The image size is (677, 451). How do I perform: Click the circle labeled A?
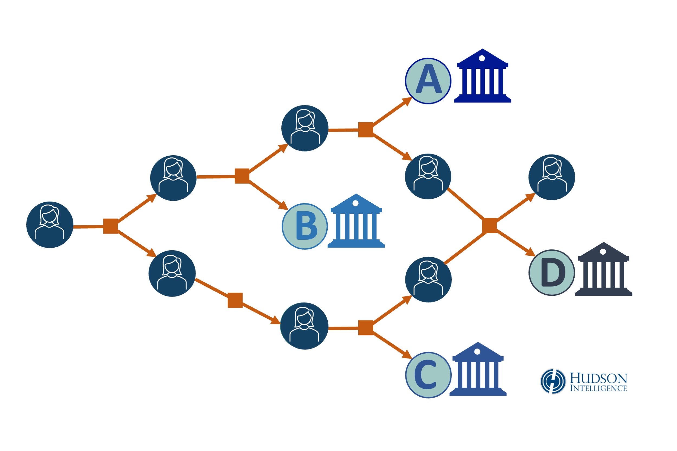coord(428,81)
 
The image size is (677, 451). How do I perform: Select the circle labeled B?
coord(305,226)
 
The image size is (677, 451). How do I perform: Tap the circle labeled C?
coord(428,375)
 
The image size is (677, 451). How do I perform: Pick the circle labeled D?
coord(552,273)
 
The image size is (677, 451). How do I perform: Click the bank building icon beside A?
coord(482,76)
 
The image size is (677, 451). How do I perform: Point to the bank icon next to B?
coord(356,221)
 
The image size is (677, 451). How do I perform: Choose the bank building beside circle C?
coord(478,370)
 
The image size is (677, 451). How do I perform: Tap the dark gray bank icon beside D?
coord(603,269)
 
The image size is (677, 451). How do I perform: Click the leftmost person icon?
coord(50,225)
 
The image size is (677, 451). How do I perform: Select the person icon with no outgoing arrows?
coord(552,177)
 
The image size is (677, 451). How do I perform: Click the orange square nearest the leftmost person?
coord(110,226)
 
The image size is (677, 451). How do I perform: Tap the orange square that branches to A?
coord(366,130)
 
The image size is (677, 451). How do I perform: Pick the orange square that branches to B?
coord(242,176)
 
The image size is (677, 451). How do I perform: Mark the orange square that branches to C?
coord(366,328)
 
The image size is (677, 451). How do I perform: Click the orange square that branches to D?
coord(490,226)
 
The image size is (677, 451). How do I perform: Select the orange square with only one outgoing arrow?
coord(235,300)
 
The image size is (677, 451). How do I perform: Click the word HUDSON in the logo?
coord(598,378)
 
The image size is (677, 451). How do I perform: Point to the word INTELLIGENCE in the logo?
coord(598,388)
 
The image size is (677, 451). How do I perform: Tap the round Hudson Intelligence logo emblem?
coord(553,381)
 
